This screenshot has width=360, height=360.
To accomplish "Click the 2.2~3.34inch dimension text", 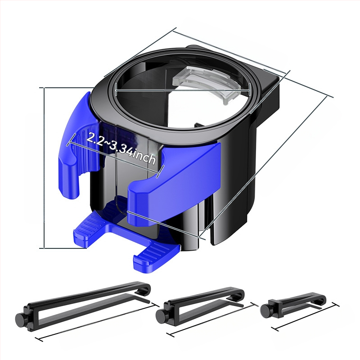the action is tap(121, 148).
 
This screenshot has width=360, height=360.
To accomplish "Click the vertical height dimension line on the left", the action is tap(44, 167).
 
